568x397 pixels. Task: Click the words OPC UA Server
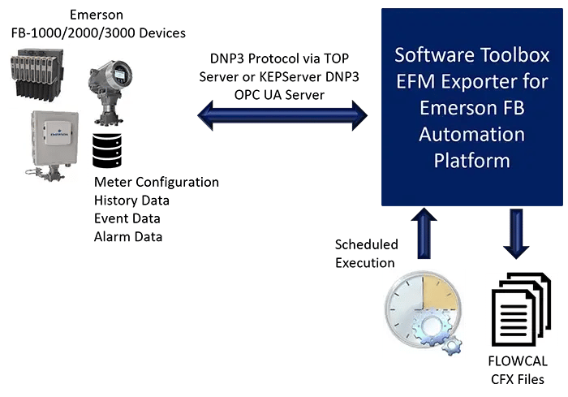(x=283, y=92)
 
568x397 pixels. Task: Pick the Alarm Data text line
(x=127, y=236)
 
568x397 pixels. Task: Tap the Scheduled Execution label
(x=366, y=252)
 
